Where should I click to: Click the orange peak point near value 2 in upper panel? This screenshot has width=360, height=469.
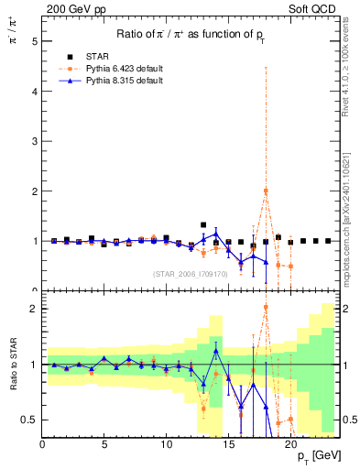click(x=266, y=191)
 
